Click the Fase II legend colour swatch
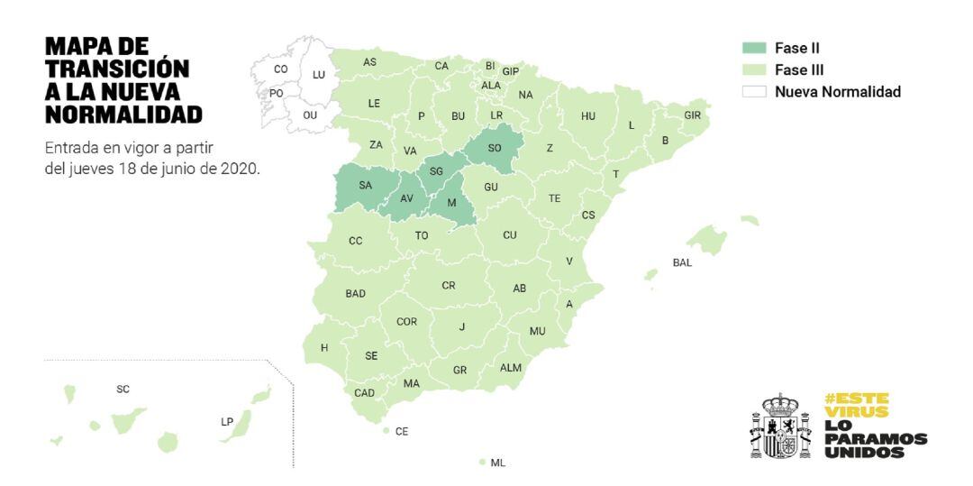[753, 49]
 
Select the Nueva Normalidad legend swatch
[753, 91]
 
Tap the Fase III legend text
[799, 69]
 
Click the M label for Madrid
[452, 202]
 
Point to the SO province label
[495, 148]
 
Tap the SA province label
[365, 186]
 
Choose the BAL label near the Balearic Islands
[682, 262]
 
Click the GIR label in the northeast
[692, 115]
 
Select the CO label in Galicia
[281, 69]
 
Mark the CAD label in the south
[365, 393]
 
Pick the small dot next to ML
[482, 462]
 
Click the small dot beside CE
[386, 431]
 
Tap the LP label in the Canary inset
[227, 421]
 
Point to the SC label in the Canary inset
[123, 390]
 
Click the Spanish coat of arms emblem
[781, 426]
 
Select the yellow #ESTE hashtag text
[856, 398]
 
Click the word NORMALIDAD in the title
[123, 114]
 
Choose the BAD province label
[356, 294]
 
